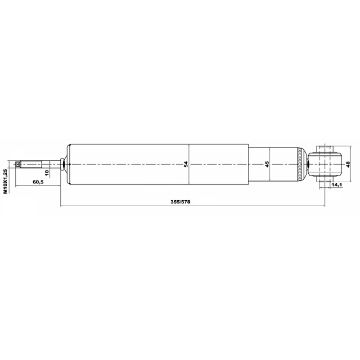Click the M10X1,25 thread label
pos(5,181)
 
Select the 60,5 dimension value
pos(38,182)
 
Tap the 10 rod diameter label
pos(47,173)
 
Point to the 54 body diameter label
pos(186,164)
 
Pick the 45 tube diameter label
pos(267,164)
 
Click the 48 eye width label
pos(348,164)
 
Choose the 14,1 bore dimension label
pos(336,184)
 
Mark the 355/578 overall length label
pos(180,202)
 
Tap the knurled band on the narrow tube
pos(300,164)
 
